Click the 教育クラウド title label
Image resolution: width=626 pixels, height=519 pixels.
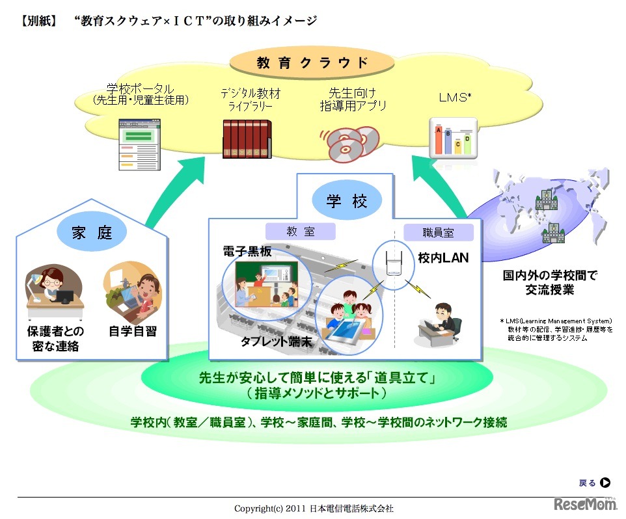click(x=312, y=63)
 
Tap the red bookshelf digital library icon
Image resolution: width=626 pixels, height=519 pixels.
click(x=245, y=139)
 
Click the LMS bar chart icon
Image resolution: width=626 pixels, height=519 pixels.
click(x=453, y=137)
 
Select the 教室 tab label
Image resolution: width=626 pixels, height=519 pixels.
click(x=300, y=231)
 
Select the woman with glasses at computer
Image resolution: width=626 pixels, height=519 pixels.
click(x=51, y=287)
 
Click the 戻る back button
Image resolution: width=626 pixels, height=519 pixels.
click(x=594, y=483)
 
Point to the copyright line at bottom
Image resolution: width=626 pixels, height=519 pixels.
click(x=314, y=508)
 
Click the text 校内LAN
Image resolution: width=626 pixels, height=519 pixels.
click(x=443, y=258)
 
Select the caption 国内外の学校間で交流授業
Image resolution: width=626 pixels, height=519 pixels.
click(x=550, y=282)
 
